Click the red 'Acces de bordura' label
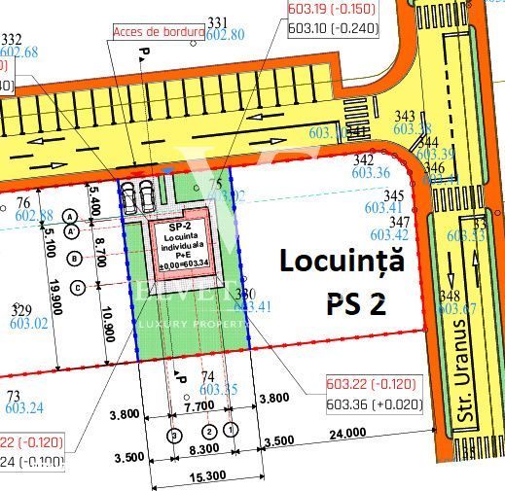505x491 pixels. [x=158, y=31]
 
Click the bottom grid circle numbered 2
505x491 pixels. [x=207, y=430]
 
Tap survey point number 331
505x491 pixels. [x=217, y=21]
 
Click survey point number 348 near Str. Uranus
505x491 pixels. [x=450, y=296]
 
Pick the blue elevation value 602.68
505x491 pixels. [x=19, y=52]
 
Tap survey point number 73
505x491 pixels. [x=13, y=396]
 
